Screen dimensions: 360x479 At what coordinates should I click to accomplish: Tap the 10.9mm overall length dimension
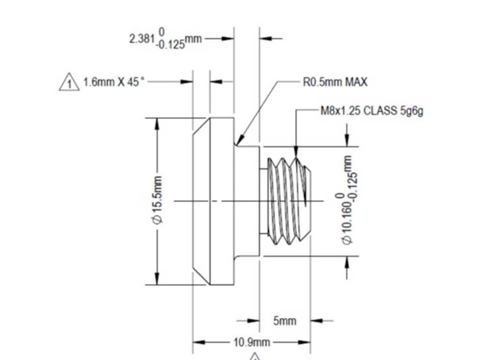[251, 342]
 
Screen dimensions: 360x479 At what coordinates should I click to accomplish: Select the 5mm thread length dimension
[284, 320]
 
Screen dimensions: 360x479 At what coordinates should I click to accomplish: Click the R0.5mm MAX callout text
[335, 83]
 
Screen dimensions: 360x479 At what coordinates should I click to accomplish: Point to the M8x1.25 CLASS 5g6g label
[372, 111]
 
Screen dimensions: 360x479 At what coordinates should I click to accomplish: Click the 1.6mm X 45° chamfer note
[114, 82]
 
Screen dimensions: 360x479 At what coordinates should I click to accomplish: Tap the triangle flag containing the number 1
[69, 83]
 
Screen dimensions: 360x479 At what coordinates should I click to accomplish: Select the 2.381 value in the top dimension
[141, 39]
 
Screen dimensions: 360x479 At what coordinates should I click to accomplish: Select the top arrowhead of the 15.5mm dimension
[157, 124]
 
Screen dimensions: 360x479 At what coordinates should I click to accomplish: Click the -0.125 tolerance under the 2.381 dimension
[171, 46]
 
